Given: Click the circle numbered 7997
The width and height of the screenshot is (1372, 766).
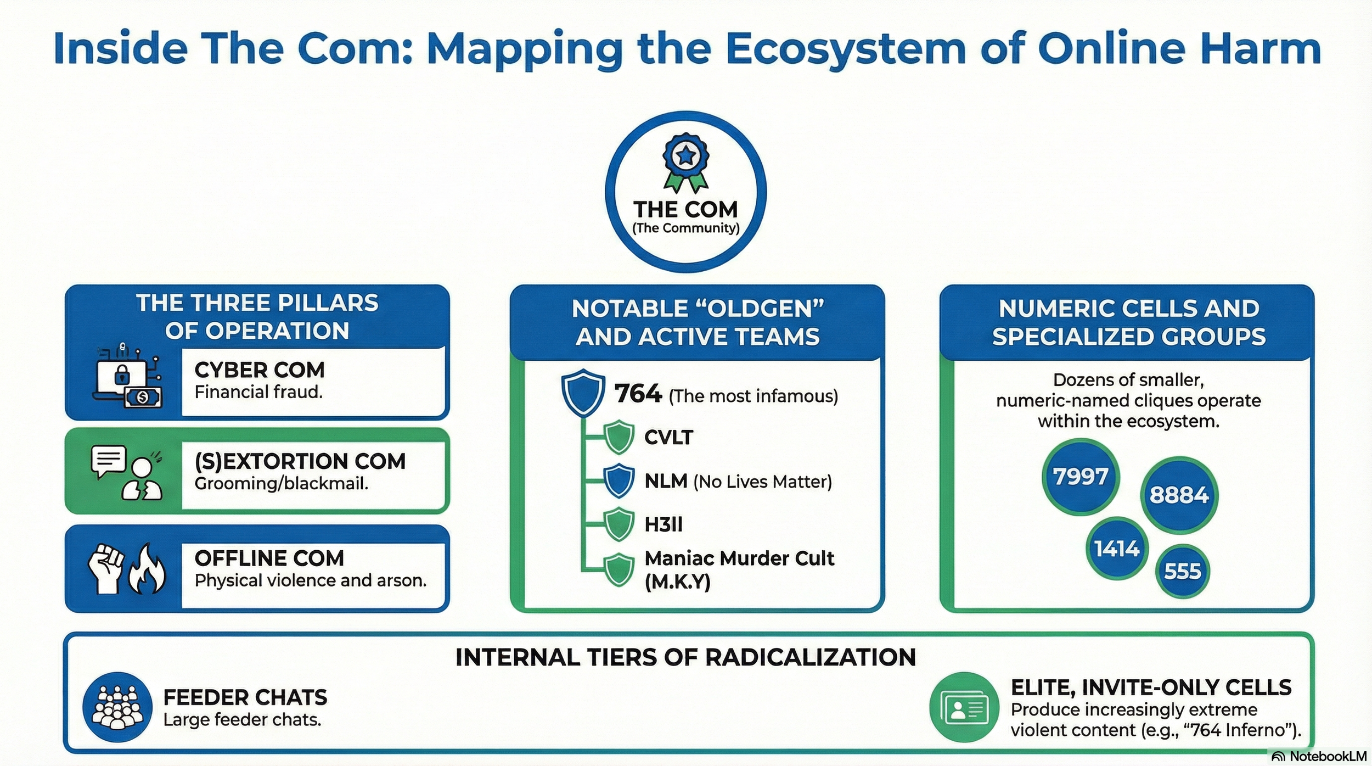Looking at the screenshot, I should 1080,476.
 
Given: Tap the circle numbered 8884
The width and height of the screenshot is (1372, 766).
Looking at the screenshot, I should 1179,495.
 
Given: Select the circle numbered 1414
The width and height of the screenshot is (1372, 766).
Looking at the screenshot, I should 1117,549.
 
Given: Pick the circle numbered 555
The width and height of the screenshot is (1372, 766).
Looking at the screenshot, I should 1183,572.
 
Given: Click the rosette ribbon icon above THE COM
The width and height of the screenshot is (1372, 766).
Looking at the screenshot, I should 685,163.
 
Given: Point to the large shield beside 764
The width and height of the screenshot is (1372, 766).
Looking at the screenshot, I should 583,393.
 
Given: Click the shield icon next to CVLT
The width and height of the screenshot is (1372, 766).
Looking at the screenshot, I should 619,437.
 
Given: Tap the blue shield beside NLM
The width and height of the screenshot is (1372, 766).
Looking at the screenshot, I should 619,481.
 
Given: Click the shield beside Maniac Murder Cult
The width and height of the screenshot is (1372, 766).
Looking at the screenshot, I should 619,569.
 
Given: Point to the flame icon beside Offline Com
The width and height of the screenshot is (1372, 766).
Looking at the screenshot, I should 147,569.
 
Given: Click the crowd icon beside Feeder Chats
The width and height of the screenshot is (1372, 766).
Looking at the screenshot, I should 117,707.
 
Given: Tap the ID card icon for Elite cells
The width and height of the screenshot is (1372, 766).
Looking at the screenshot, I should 964,707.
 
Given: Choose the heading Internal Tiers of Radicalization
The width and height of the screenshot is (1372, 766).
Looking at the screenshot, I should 685,657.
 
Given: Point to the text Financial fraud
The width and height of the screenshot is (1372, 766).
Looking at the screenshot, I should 258,392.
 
